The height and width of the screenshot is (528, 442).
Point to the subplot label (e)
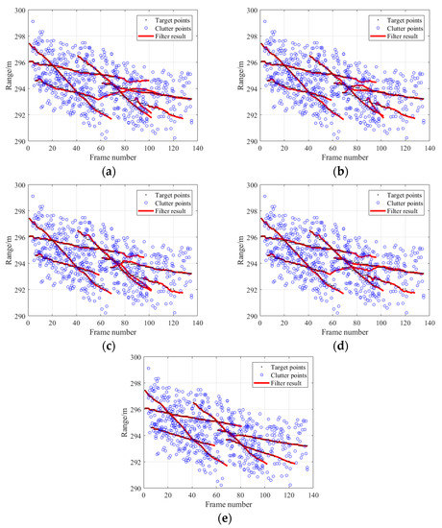[x=222, y=513]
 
